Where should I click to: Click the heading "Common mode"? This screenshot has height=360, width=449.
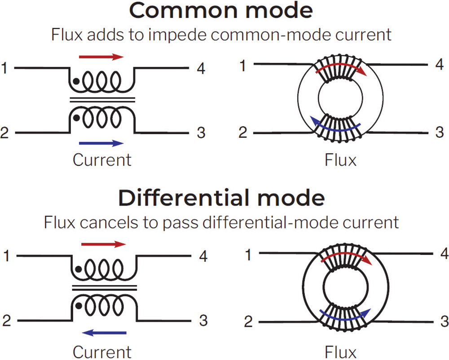(220, 11)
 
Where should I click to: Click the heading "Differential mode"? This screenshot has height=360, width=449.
(220, 198)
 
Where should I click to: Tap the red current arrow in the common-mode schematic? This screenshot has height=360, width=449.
(101, 57)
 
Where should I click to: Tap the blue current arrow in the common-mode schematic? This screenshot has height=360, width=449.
(101, 143)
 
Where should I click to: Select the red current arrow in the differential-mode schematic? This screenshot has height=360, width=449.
(104, 245)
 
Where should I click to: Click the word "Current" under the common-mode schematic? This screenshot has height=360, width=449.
(102, 160)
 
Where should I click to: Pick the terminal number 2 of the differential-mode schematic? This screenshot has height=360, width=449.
(6, 321)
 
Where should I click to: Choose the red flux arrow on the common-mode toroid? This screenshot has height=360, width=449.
(341, 66)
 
